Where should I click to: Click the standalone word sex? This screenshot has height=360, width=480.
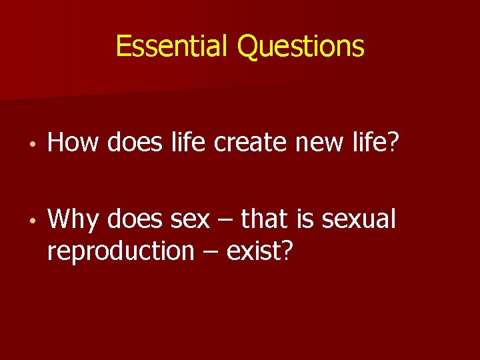[190, 219]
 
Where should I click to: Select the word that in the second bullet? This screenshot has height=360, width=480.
[263, 219]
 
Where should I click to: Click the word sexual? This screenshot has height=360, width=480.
[359, 219]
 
